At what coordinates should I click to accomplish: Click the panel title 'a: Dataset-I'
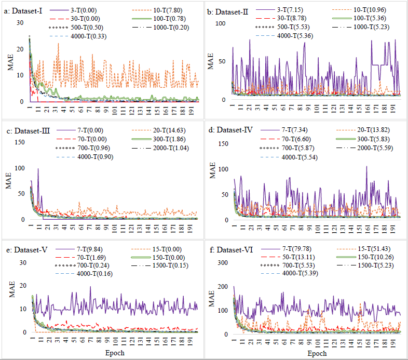[x=24, y=10]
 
